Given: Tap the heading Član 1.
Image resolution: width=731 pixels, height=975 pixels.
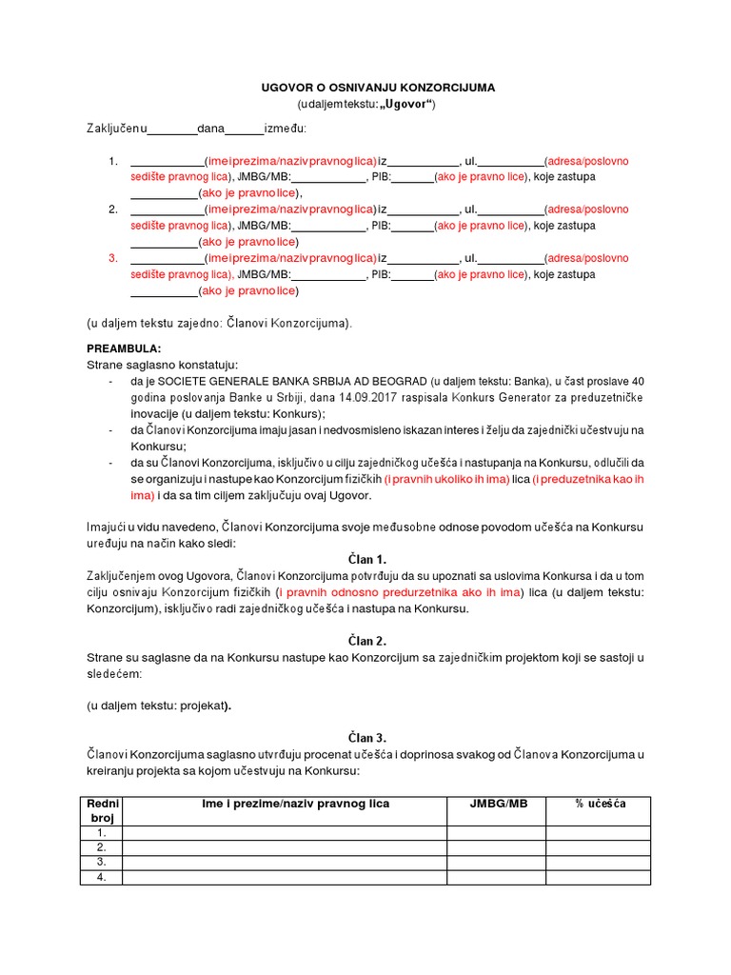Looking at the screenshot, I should point(366,559).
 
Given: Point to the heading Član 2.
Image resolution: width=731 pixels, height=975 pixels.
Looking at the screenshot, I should point(366,641).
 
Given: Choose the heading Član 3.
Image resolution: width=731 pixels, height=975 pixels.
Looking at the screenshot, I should point(366,737).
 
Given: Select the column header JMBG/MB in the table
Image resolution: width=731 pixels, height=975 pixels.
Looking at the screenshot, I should point(496,804).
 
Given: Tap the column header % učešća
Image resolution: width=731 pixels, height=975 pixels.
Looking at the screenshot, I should point(600,804).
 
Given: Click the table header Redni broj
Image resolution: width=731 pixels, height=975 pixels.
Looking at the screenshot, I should point(101,810).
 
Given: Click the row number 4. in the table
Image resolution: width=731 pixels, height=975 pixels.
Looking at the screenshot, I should point(101,877).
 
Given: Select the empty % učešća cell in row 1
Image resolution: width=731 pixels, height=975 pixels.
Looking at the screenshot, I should point(600,832).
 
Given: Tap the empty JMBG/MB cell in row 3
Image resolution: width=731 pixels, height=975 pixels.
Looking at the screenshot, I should point(496,862).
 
